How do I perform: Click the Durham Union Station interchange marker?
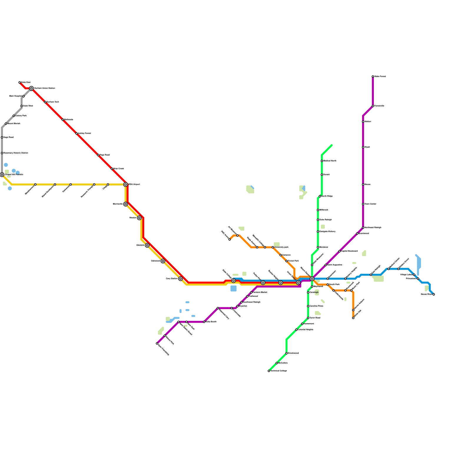[31, 88]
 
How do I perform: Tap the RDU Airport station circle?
[126, 185]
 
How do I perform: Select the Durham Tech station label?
[53, 102]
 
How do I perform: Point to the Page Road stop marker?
[98, 155]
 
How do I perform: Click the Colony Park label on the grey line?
[21, 116]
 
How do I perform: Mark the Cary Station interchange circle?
[180, 279]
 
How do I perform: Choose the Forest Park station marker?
[286, 261]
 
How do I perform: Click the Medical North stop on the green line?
[322, 161]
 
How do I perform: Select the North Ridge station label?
[327, 196]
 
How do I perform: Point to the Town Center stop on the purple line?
[363, 204]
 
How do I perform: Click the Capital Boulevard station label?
[349, 251]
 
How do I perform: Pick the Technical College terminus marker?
[269, 371]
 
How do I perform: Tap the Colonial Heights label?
[305, 330]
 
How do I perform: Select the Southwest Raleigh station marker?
[241, 302]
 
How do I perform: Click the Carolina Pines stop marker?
[308, 306]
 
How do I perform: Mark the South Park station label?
[334, 285]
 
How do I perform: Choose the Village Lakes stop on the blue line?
[414, 275]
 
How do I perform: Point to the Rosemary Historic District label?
[16, 153]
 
